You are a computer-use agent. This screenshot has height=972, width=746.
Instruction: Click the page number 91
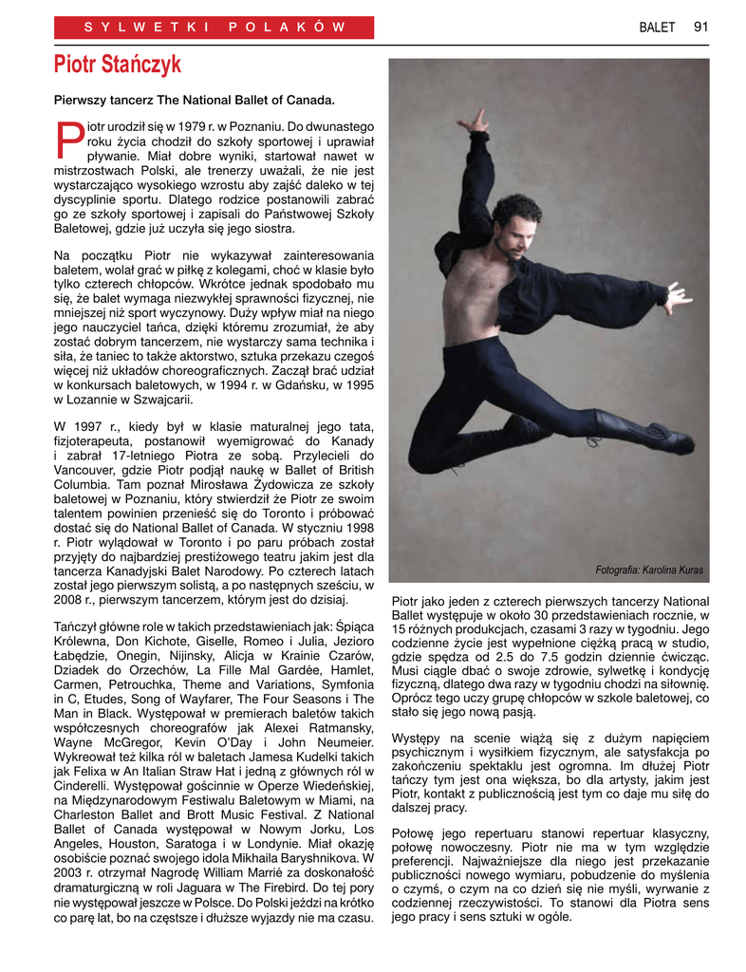(x=700, y=27)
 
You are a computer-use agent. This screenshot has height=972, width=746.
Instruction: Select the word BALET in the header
(x=657, y=27)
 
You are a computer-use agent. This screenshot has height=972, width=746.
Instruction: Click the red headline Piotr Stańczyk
(x=117, y=65)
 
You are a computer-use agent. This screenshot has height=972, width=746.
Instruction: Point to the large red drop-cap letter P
(x=68, y=140)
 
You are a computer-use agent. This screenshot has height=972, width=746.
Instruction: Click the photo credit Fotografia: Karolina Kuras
(x=649, y=570)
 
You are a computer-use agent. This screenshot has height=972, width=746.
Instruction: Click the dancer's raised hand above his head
(x=479, y=121)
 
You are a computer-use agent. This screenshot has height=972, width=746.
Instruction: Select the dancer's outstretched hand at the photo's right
(x=677, y=298)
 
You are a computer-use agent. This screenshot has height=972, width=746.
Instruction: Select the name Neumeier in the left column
(x=341, y=741)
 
